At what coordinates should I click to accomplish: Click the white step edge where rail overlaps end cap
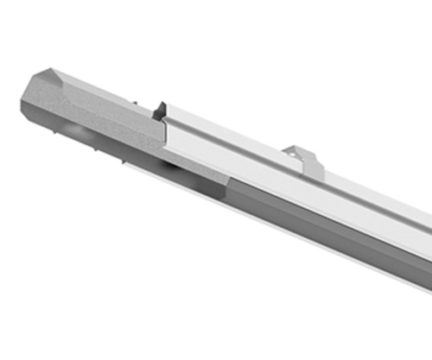167,129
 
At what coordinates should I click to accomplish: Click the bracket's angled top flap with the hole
294,153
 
